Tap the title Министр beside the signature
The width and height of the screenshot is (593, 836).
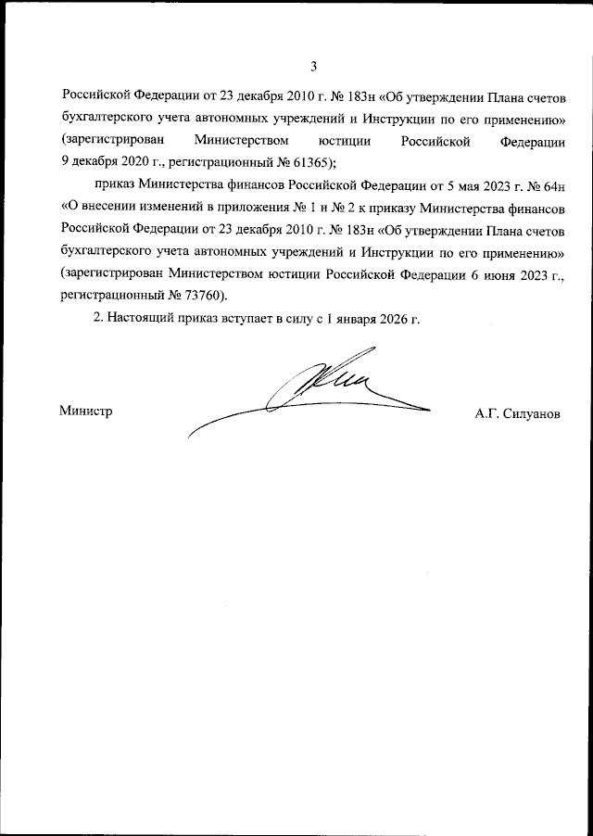[x=85, y=412]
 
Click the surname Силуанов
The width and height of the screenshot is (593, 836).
[x=532, y=412]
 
